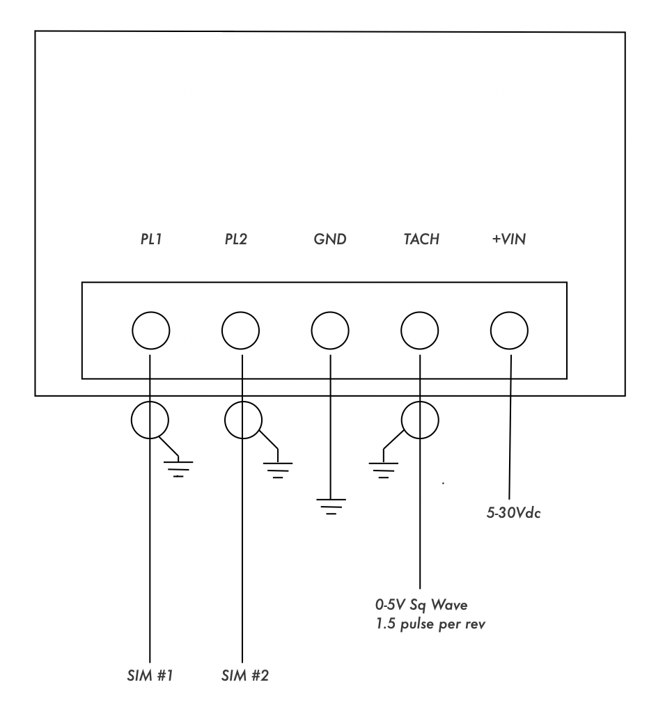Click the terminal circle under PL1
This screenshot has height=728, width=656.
coord(150,330)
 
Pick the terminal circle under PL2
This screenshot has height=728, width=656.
coord(240,330)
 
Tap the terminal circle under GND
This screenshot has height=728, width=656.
coord(329,330)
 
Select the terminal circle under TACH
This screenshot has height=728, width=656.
coord(420,330)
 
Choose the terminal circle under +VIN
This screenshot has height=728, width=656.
coord(509,330)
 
